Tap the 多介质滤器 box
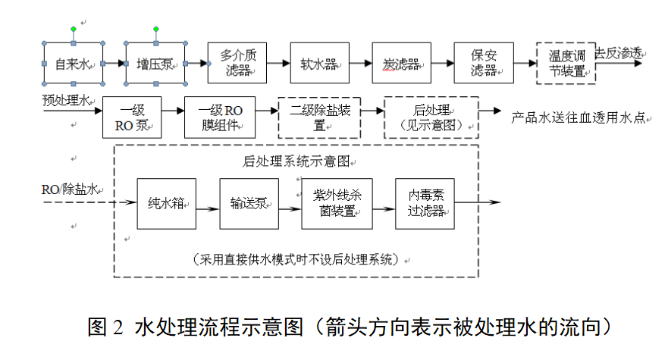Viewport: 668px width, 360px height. coord(237,63)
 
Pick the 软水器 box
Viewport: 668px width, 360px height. coord(319,63)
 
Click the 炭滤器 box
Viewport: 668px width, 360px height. coord(401,63)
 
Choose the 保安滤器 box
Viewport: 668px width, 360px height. coord(484,63)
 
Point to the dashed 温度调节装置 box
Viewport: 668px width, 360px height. coord(566,63)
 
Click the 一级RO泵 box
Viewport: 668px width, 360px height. coord(132,117)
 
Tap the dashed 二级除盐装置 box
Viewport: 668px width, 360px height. coord(319,117)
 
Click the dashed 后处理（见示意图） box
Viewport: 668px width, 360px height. coord(432,117)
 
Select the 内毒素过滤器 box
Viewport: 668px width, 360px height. coord(425,203)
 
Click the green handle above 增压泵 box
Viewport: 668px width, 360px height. coord(155,30)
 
